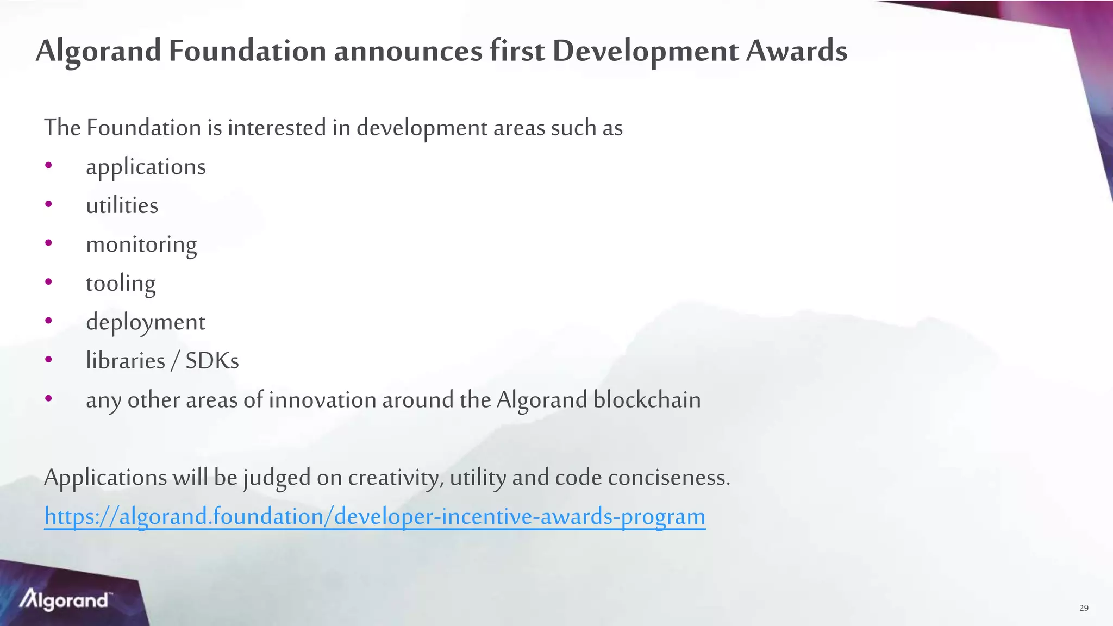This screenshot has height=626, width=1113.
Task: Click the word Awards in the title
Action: click(796, 51)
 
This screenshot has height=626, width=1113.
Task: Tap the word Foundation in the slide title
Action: click(247, 51)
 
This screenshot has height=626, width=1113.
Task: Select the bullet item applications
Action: click(146, 167)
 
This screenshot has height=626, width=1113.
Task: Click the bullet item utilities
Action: click(122, 206)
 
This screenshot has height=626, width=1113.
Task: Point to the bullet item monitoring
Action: click(141, 245)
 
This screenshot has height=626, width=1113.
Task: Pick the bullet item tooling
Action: click(121, 284)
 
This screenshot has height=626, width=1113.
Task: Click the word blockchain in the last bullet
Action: click(647, 400)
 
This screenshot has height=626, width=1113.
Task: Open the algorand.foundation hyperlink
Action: click(374, 516)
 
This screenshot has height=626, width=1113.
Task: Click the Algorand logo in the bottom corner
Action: click(65, 600)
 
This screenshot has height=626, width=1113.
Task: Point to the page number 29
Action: click(1084, 608)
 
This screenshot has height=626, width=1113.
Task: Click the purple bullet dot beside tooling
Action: click(49, 282)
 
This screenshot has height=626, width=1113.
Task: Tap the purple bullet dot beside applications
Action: click(49, 165)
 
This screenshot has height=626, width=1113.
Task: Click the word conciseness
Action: click(669, 478)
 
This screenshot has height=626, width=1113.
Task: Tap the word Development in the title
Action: click(646, 51)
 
